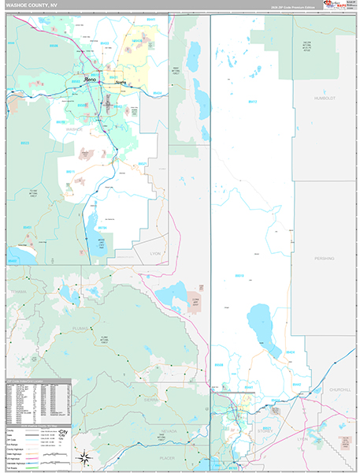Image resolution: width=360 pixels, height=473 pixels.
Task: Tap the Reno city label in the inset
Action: pos(91,79)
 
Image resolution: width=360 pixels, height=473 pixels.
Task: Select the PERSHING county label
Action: pos(323,258)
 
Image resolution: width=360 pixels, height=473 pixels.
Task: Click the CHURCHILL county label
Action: pos(340,389)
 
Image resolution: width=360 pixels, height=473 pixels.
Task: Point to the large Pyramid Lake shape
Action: pos(265,326)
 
